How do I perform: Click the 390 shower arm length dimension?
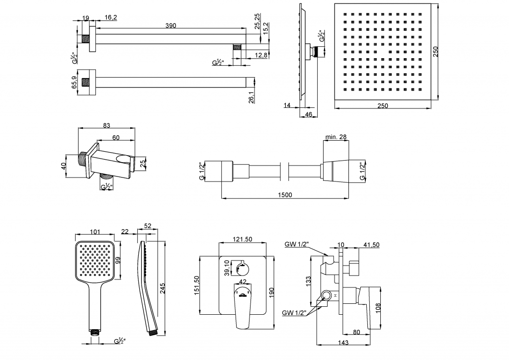pyautogui.click(x=170, y=25)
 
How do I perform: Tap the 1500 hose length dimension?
pyautogui.click(x=285, y=194)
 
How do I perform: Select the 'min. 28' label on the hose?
pyautogui.click(x=336, y=137)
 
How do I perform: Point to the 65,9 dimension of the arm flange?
pyautogui.click(x=75, y=83)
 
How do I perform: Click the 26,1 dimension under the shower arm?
pyautogui.click(x=252, y=98)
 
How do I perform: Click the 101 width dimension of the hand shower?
pyautogui.click(x=96, y=231)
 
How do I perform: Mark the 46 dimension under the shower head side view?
pyautogui.click(x=309, y=115)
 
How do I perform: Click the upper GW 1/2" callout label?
pyautogui.click(x=297, y=244)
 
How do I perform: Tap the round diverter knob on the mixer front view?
pyautogui.click(x=243, y=269)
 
